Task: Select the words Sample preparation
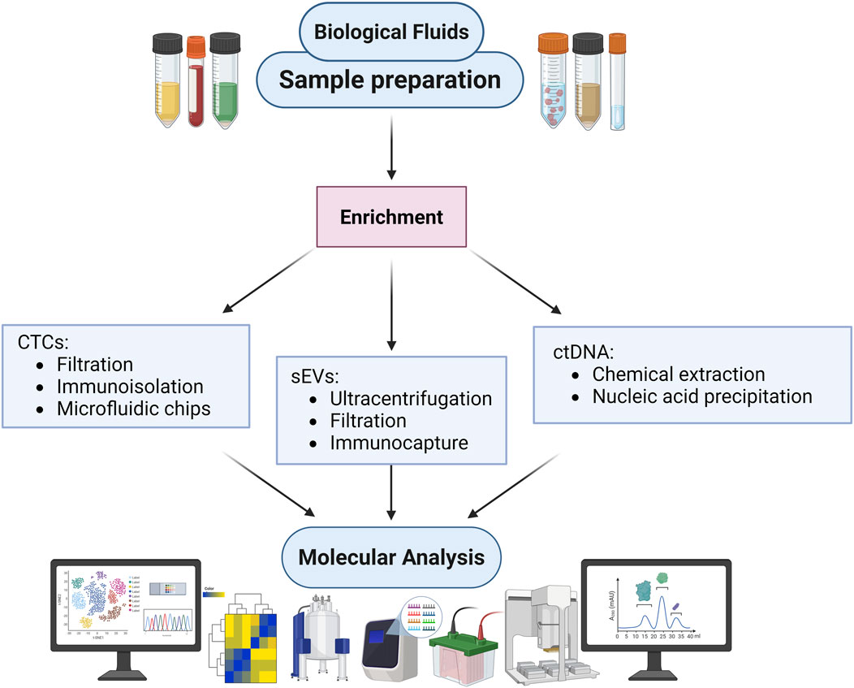tap(392, 81)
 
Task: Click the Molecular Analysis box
tap(393, 557)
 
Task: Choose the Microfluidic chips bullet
tap(134, 409)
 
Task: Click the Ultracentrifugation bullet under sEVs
tap(411, 399)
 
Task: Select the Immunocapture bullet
tap(388, 443)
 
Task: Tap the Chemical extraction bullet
tap(679, 374)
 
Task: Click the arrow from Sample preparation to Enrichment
tap(393, 147)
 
